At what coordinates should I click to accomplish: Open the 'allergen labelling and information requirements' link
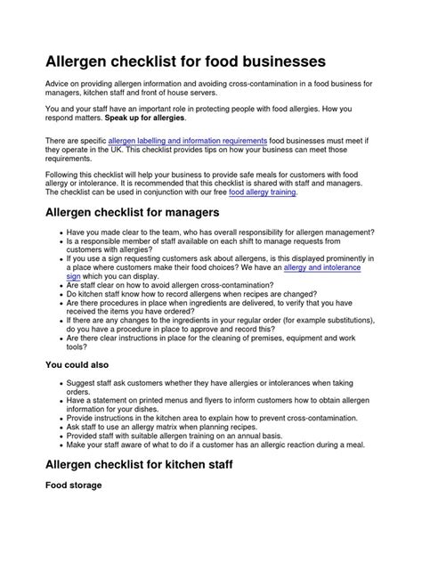click(x=187, y=141)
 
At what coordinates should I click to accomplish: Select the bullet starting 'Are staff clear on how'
click(x=195, y=285)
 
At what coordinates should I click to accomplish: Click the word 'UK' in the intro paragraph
click(x=109, y=151)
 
